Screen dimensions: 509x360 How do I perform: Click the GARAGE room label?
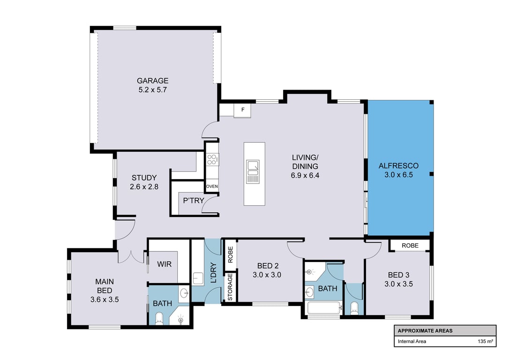153,81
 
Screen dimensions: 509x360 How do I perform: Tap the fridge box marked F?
242,110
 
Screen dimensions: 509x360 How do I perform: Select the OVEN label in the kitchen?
212,187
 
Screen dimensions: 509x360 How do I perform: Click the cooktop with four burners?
212,159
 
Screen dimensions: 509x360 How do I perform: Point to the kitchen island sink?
253,172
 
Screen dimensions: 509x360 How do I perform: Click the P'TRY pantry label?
194,201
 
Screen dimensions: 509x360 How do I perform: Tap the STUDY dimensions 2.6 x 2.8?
144,187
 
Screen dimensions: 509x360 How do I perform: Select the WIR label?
164,264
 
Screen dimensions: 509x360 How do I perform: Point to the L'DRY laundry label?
213,272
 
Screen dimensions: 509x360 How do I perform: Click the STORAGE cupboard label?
230,287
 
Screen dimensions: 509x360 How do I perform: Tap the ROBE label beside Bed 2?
230,255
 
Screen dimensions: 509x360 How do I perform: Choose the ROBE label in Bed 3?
410,246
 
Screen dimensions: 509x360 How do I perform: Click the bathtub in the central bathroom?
324,308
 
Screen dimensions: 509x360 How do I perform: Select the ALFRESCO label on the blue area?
399,165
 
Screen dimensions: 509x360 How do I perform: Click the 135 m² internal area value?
485,341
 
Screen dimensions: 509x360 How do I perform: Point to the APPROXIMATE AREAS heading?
425,331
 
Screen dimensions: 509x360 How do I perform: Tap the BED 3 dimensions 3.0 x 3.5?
399,284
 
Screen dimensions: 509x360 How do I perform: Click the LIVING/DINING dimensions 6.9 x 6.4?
305,176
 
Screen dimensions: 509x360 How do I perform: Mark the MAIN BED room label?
105,286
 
